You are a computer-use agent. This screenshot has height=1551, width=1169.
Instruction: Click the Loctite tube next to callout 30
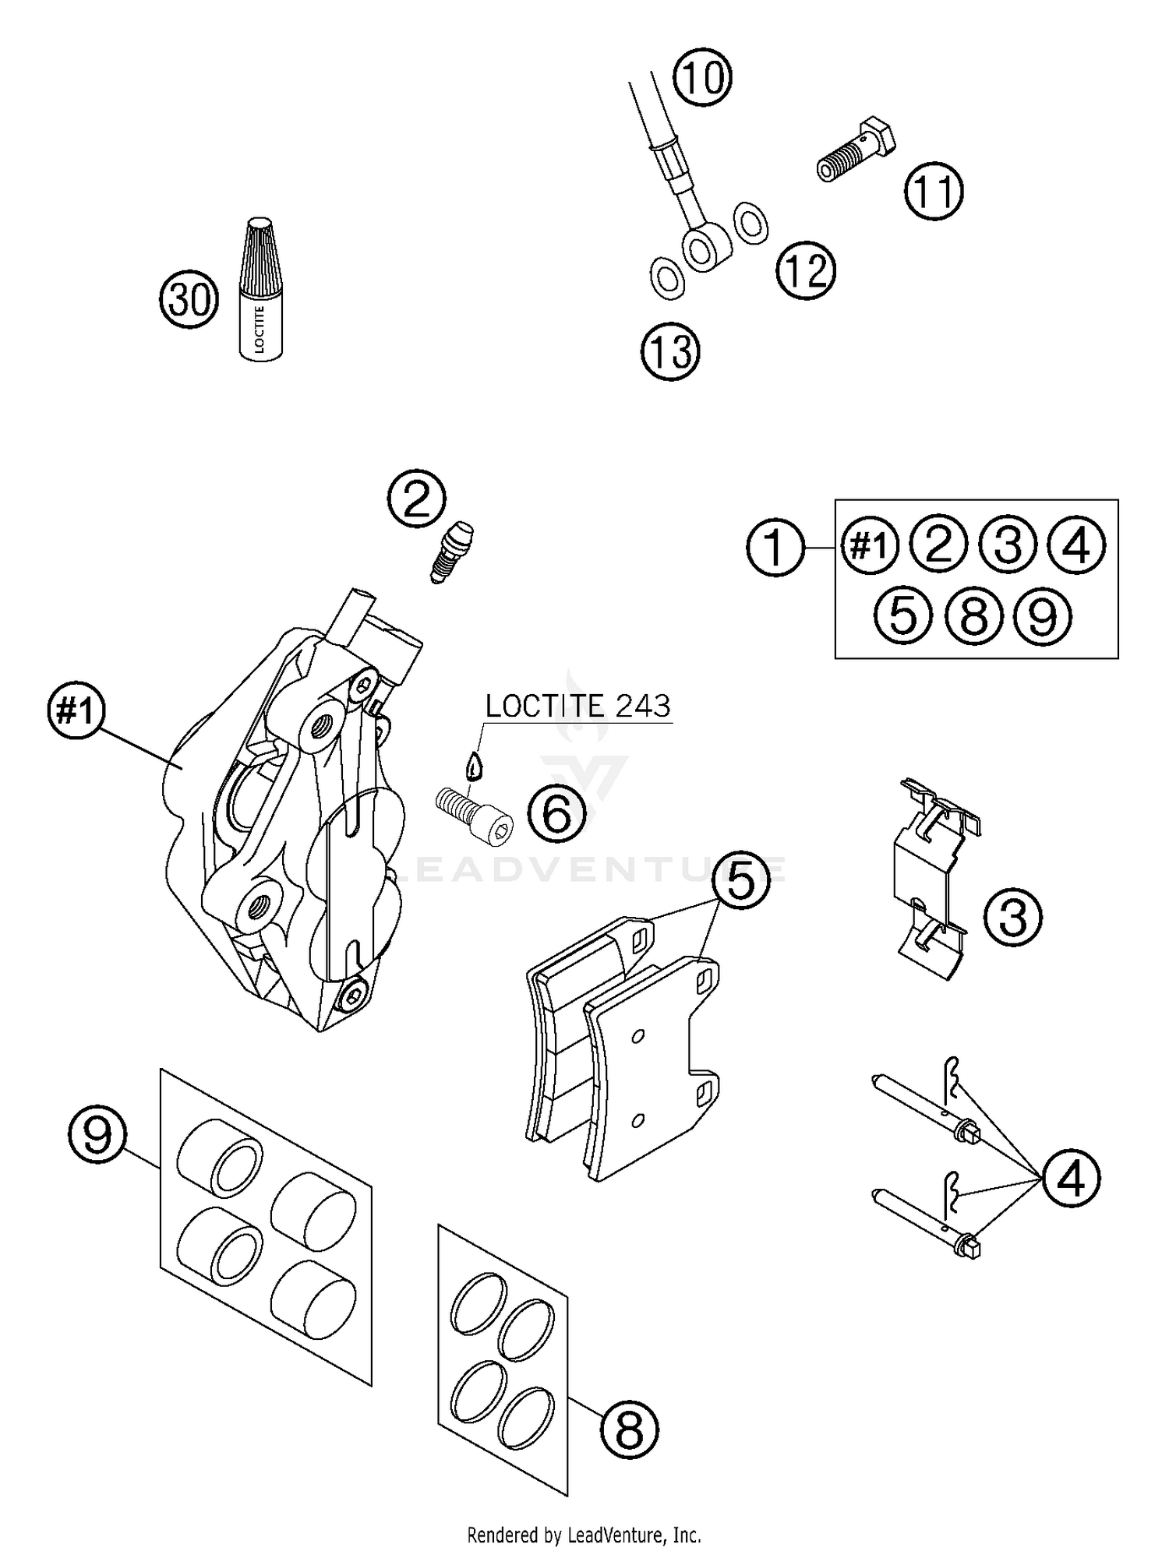click(260, 290)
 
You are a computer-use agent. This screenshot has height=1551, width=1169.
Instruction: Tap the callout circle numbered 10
click(703, 78)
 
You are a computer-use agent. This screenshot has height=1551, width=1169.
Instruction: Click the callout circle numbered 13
click(670, 351)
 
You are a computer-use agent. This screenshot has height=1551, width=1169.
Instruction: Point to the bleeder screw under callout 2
click(451, 551)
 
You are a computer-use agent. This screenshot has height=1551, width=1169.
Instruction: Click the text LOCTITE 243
click(577, 706)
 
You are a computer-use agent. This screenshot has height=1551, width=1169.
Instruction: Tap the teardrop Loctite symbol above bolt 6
click(473, 766)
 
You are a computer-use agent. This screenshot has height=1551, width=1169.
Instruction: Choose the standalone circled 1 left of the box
click(775, 548)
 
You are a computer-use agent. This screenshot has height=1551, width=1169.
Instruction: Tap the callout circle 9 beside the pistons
click(97, 1137)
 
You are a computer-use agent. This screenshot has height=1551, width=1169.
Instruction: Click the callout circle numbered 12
click(805, 271)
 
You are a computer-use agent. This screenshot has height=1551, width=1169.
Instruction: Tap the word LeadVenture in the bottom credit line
click(610, 1535)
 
